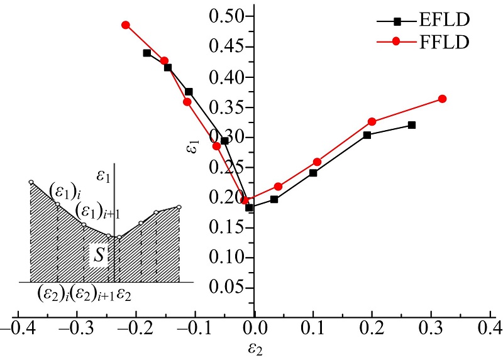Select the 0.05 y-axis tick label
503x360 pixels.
(x=230, y=287)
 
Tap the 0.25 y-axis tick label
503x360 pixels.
(x=230, y=167)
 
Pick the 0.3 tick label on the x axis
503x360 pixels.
(x=431, y=328)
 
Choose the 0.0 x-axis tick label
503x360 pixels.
(x=255, y=328)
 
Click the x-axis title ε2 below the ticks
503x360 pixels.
(x=255, y=348)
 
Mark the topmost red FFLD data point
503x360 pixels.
(x=126, y=25)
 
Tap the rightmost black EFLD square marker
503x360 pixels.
(x=412, y=125)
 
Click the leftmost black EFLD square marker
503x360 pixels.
(x=147, y=53)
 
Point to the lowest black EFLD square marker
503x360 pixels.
(x=249, y=207)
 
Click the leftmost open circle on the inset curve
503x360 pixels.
(x=30, y=182)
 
